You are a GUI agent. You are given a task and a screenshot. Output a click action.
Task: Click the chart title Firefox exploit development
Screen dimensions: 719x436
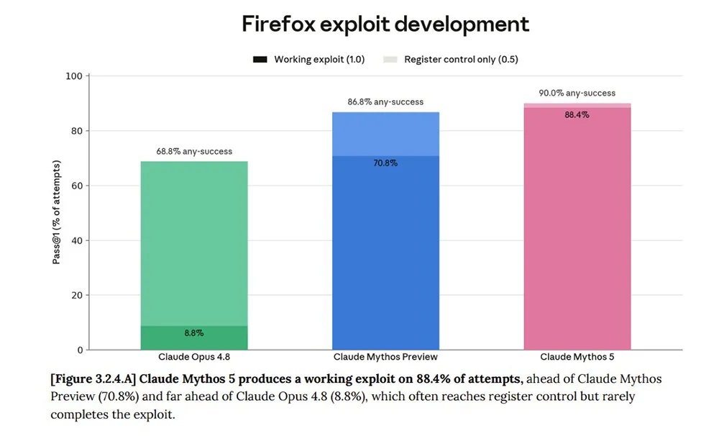385,24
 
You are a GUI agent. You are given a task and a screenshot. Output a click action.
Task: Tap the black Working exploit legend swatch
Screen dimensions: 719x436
260,60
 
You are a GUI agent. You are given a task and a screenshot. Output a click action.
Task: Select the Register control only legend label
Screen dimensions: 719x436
461,60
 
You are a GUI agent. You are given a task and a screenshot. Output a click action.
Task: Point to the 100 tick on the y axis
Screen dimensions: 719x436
74,76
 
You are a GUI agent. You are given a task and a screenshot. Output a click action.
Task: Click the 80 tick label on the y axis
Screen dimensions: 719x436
77,131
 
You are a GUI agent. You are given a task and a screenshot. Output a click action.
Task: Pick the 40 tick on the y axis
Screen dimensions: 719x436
77,240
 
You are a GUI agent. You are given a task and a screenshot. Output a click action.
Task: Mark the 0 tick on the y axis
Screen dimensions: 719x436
81,350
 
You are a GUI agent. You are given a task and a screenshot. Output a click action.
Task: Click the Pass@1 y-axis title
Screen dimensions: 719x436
56,212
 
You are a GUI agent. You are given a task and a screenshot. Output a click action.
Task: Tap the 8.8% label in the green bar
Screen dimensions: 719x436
194,333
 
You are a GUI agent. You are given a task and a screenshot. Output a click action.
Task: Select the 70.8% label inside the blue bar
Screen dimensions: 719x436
385,163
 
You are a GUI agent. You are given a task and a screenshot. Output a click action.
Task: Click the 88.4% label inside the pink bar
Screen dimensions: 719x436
577,114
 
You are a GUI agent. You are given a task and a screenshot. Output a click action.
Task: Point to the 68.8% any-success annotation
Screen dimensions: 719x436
194,152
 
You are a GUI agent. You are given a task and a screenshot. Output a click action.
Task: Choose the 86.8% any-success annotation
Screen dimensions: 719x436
385,102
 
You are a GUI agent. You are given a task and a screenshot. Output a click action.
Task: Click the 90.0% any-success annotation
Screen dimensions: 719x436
577,93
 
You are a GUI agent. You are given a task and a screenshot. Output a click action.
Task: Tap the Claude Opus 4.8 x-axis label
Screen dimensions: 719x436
194,357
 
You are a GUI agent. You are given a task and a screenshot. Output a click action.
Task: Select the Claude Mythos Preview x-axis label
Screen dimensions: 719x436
385,357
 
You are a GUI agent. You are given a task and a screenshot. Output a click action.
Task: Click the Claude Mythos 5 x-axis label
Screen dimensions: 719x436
577,357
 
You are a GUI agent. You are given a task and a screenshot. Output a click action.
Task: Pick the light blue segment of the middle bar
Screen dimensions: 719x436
385,134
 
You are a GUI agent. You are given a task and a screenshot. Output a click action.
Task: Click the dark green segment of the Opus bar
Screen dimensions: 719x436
194,337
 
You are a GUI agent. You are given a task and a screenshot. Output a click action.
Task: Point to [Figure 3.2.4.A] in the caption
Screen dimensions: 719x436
93,379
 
